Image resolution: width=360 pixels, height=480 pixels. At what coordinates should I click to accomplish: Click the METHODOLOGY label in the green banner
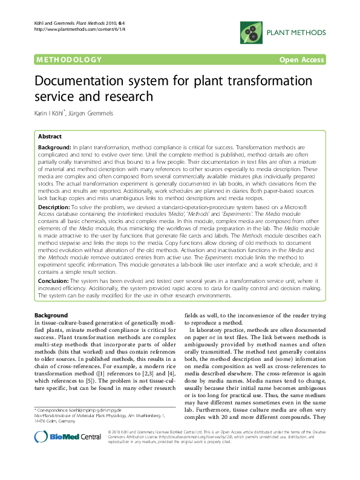(x=68, y=60)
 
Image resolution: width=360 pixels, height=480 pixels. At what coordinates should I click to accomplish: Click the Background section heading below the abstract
(x=51, y=316)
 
